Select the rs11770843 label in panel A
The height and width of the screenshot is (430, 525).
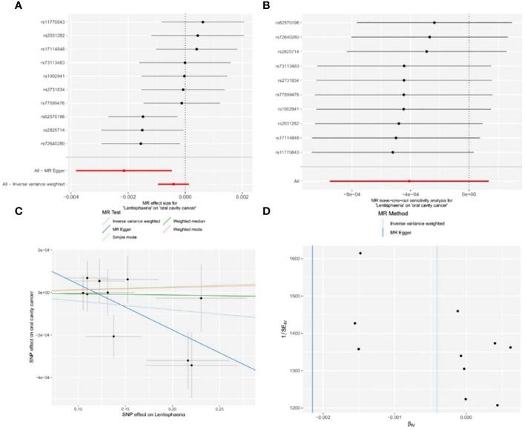point(53,21)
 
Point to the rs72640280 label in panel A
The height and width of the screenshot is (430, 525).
point(53,143)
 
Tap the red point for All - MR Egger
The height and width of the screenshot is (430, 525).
point(124,171)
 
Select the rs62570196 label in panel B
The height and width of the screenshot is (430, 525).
point(285,23)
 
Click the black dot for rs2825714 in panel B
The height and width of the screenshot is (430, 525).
point(426,51)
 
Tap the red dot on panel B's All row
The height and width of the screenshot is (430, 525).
point(409,181)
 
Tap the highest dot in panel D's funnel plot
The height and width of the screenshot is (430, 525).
point(360,253)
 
